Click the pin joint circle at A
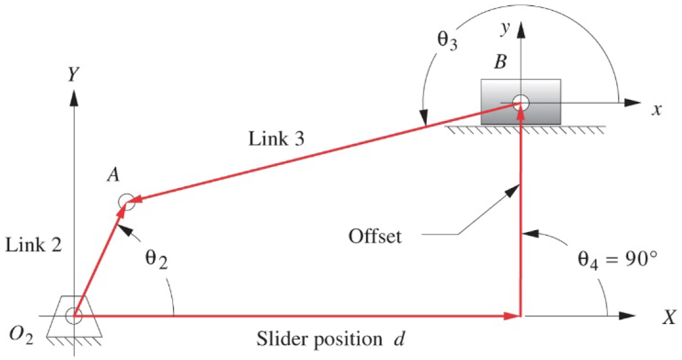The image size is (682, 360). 126,202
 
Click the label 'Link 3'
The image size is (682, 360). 277,139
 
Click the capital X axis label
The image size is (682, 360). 668,318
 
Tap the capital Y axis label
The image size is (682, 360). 74,74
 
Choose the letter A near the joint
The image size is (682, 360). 112,176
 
